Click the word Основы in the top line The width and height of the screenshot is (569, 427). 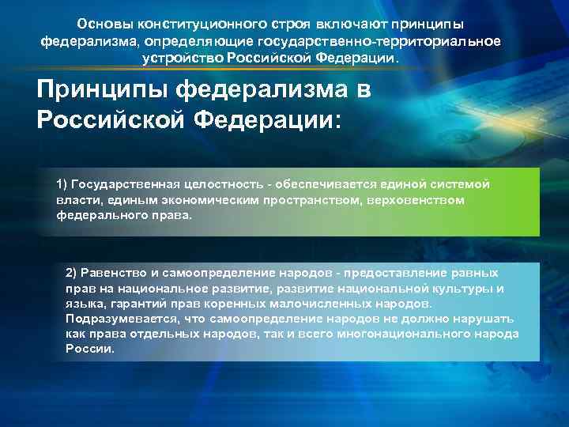[x=100, y=25]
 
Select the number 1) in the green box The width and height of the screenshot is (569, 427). [x=62, y=184]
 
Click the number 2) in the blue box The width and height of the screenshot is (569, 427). [x=73, y=273]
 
